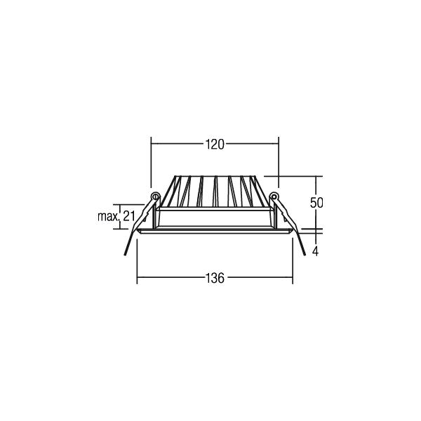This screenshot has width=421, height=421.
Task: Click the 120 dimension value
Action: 215,145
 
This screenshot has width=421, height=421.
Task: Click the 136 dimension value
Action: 215,278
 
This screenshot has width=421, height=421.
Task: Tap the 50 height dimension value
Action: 316,203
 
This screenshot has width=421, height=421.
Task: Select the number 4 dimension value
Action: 316,252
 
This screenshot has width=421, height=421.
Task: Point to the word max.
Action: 108,216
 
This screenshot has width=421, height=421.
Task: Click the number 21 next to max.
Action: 128,216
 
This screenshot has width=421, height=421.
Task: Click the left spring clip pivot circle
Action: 155,196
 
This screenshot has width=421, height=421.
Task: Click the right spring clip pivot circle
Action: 274,196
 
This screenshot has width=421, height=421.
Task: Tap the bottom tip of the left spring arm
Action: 125,255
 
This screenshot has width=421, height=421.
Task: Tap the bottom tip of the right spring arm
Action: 305,255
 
